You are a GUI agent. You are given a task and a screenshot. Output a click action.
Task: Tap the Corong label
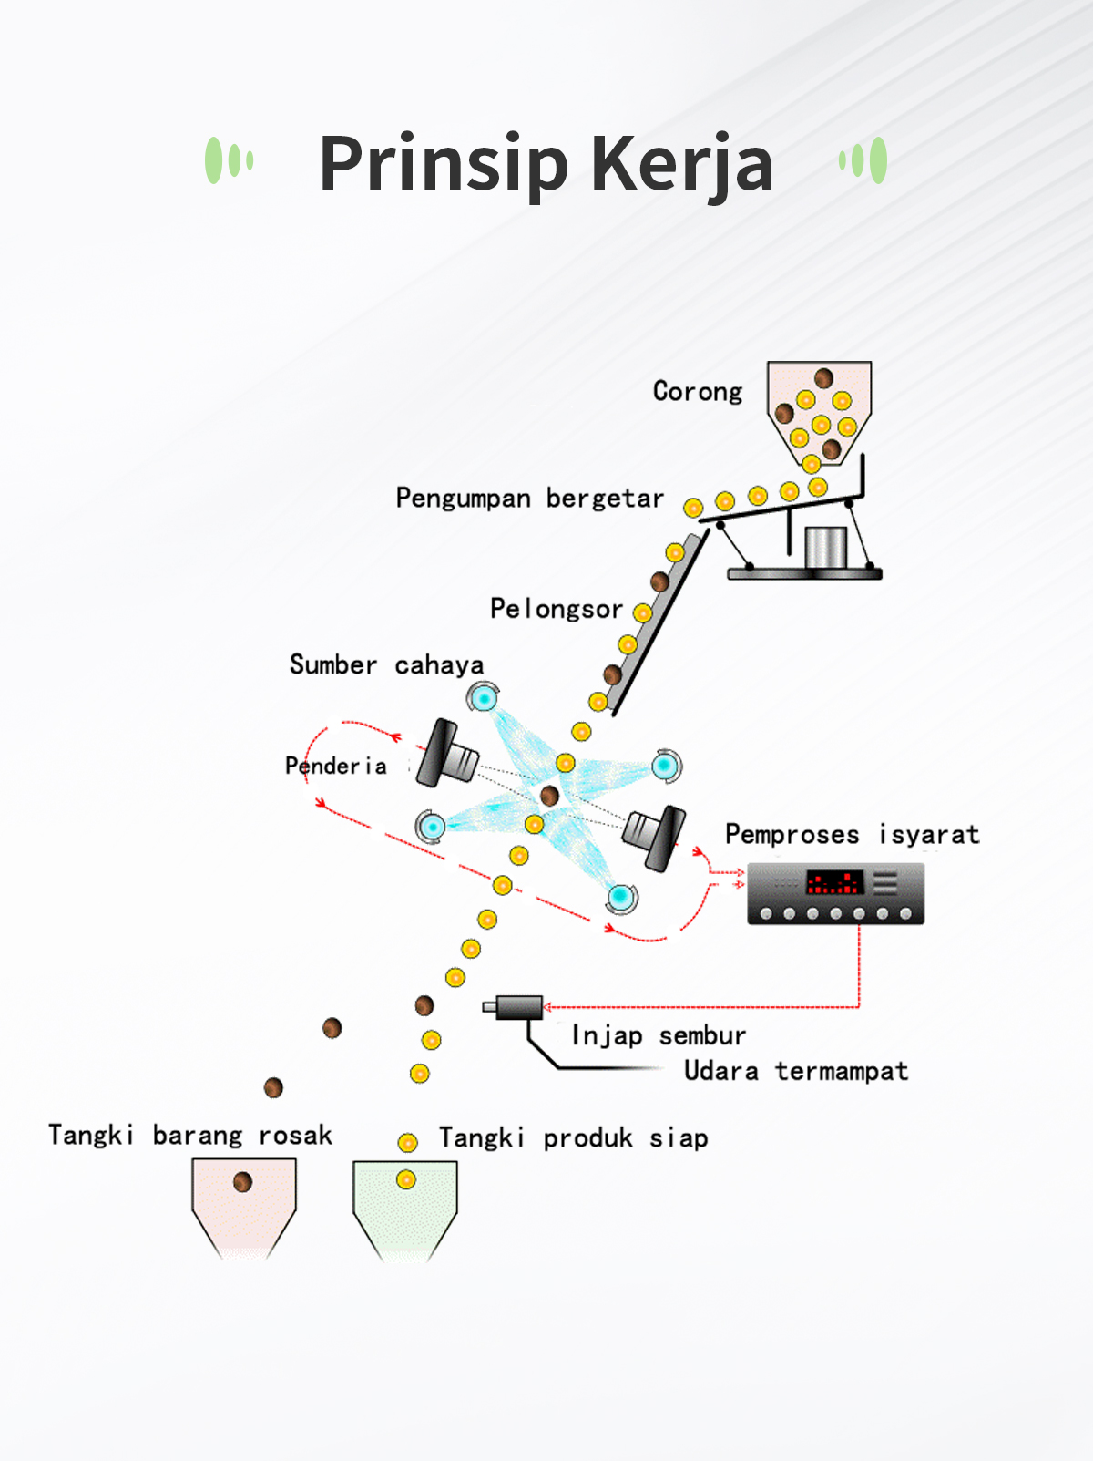(697, 391)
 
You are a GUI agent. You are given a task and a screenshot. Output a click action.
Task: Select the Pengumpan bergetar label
(529, 499)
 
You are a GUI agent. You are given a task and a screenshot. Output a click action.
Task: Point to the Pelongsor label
(557, 608)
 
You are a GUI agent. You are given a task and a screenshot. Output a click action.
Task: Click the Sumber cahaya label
(386, 665)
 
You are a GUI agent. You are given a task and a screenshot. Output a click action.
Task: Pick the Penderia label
(335, 767)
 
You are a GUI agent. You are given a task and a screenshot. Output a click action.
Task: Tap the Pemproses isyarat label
(853, 834)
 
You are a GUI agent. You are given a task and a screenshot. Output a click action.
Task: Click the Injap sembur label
(659, 1035)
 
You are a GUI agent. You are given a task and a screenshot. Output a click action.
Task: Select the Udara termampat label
(796, 1071)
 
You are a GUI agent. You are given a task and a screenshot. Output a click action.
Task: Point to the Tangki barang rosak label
(190, 1136)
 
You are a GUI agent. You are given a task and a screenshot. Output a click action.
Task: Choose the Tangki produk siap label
(574, 1138)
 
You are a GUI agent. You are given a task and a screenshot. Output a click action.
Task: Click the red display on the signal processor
(835, 882)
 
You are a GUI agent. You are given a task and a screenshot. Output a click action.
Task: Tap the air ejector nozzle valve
(513, 1007)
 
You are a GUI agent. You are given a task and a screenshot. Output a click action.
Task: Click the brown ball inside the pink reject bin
(243, 1182)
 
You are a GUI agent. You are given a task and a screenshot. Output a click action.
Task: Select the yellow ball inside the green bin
(406, 1180)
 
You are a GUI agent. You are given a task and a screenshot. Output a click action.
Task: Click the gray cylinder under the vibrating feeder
(825, 548)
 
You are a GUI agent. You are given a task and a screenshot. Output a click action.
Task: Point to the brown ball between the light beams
(549, 795)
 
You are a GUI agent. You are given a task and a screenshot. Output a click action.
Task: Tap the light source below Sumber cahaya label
(484, 698)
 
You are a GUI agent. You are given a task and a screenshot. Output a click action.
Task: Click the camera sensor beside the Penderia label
(447, 754)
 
